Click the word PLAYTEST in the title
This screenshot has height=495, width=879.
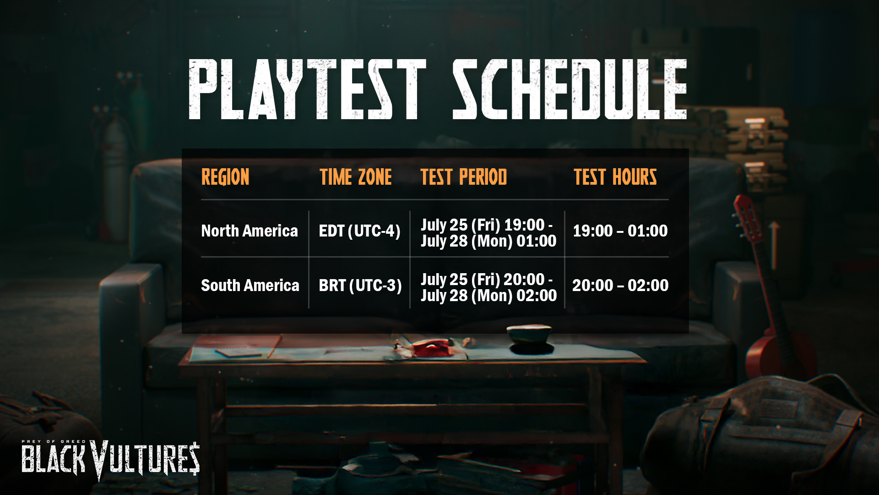(x=307, y=89)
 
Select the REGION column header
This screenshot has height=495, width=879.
(x=225, y=177)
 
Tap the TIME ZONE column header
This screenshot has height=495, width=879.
(x=356, y=177)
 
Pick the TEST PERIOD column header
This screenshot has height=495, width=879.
(x=464, y=177)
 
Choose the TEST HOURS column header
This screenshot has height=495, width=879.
(x=615, y=177)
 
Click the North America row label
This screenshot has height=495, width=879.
(x=250, y=231)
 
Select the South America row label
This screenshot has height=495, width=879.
(x=250, y=285)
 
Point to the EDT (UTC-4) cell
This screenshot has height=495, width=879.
(x=359, y=231)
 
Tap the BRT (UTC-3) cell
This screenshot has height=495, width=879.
(x=360, y=286)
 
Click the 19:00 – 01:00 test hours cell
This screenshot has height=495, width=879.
(x=620, y=231)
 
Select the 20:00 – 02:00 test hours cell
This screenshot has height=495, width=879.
(x=620, y=285)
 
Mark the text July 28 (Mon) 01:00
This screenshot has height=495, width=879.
(x=488, y=241)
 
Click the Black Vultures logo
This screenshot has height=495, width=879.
(x=110, y=460)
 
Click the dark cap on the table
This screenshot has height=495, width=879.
(x=529, y=339)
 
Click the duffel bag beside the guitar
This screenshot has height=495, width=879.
(x=760, y=435)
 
